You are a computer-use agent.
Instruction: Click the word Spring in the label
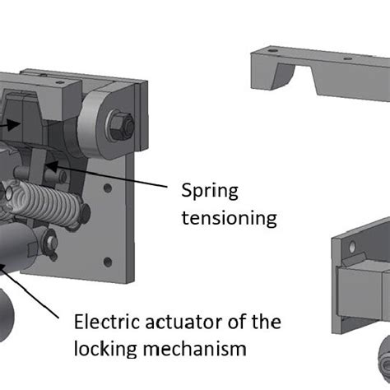(x=210, y=192)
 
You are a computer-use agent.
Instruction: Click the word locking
(x=106, y=349)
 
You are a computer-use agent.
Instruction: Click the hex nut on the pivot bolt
(x=119, y=125)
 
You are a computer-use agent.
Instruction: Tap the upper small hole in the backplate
(x=108, y=188)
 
